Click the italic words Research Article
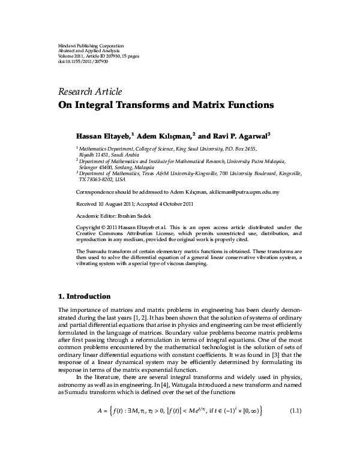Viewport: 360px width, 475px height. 90,92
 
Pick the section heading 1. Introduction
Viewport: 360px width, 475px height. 84,296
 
